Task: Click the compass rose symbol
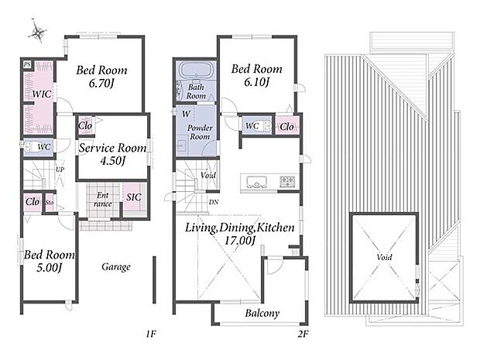(38, 31)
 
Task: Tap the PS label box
(28, 64)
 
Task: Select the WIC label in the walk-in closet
(42, 94)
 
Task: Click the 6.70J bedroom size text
(101, 84)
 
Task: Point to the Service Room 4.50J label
(113, 154)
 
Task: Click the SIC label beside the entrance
(134, 197)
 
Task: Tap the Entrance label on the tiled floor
(103, 200)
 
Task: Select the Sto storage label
(50, 203)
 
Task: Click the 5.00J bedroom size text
(50, 268)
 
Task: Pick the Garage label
(116, 267)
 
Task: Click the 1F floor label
(151, 334)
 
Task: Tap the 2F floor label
(303, 334)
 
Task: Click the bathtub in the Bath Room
(195, 70)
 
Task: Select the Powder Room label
(200, 132)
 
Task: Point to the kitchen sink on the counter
(256, 183)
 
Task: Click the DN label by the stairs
(214, 202)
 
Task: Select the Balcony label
(262, 314)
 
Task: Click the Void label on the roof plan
(385, 257)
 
